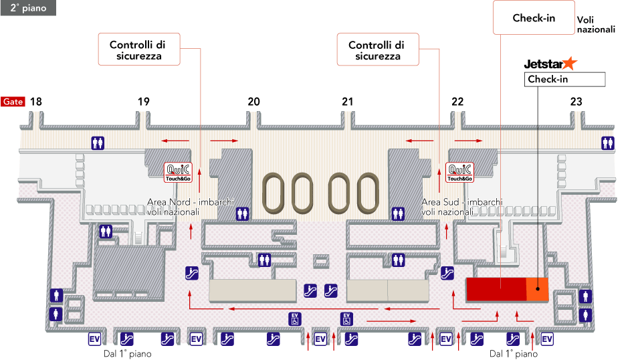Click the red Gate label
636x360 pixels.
(x=13, y=102)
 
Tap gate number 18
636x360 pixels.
(x=35, y=102)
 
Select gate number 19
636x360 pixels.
(x=144, y=102)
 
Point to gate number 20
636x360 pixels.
(x=253, y=102)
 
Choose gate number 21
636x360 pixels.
(x=346, y=102)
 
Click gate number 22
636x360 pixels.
(x=457, y=102)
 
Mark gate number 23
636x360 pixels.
(x=576, y=102)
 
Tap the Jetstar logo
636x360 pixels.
(x=550, y=64)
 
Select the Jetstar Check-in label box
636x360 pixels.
(x=564, y=80)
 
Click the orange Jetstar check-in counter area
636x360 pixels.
(x=537, y=289)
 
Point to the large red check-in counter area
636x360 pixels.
(x=496, y=289)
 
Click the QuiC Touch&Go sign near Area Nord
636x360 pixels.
(x=179, y=172)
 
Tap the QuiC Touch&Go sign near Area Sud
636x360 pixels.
(x=459, y=172)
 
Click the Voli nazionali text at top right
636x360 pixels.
(x=595, y=25)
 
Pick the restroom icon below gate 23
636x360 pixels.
(x=608, y=143)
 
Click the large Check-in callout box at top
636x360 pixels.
(x=533, y=18)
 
